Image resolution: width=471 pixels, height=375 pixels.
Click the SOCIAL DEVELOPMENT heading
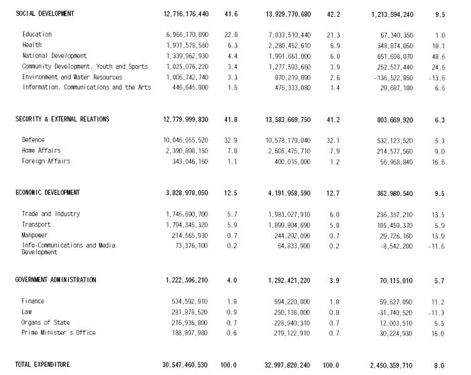(44, 13)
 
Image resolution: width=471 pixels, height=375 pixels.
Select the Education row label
(37, 34)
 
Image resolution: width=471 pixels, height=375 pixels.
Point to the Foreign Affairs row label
(46, 162)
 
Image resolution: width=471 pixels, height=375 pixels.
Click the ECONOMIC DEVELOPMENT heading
(48, 193)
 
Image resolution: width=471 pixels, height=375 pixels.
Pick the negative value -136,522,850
(391, 78)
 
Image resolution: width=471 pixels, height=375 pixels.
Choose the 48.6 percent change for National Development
(438, 56)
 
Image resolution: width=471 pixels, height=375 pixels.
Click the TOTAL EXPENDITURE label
(43, 365)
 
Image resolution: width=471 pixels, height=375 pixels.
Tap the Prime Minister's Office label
(59, 333)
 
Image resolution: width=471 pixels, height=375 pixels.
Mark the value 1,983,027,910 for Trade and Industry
(289, 215)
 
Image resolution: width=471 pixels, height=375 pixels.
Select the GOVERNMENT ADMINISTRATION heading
(56, 280)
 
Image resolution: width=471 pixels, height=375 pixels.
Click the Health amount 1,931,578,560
(187, 46)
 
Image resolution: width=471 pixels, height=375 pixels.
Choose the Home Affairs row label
(41, 151)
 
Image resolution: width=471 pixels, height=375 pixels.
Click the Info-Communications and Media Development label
(68, 249)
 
